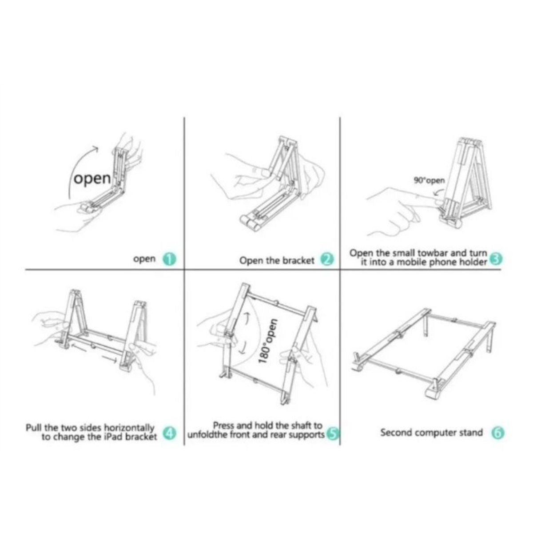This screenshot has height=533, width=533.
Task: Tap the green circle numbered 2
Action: click(327, 260)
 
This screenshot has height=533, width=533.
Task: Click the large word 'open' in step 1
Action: click(92, 179)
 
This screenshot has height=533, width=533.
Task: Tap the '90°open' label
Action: click(429, 181)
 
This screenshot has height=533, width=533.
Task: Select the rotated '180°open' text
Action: click(266, 341)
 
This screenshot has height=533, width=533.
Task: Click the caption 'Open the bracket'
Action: click(276, 260)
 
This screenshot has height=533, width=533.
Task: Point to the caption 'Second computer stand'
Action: click(431, 432)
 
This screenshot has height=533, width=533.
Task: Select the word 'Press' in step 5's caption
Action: click(223, 426)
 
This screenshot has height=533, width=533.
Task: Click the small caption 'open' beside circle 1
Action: click(144, 259)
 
